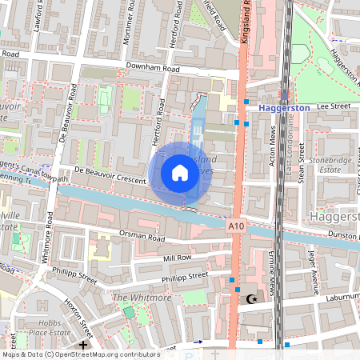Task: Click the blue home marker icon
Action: tap(180, 173)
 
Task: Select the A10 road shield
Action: tap(234, 227)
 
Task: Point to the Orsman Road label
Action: tap(130, 238)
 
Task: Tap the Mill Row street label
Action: tap(177, 258)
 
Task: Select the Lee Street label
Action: tap(334, 105)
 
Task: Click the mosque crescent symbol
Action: tap(253, 299)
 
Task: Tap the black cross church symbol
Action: tap(84, 345)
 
